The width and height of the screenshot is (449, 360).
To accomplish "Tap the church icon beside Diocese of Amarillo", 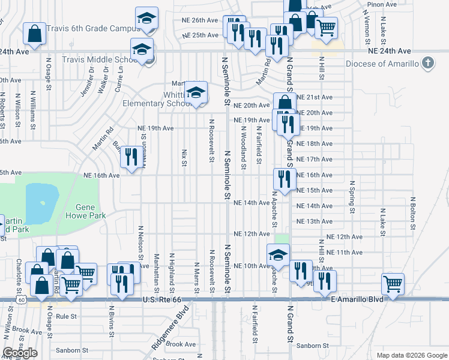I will point(427,62).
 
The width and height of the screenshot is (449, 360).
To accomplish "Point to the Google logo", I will point(20,353).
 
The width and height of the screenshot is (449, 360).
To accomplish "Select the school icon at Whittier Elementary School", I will point(196,92).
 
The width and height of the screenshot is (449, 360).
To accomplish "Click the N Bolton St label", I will point(413,214).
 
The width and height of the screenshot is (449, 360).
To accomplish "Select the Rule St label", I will point(66,316).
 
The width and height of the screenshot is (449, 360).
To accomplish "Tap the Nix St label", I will point(182,158).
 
